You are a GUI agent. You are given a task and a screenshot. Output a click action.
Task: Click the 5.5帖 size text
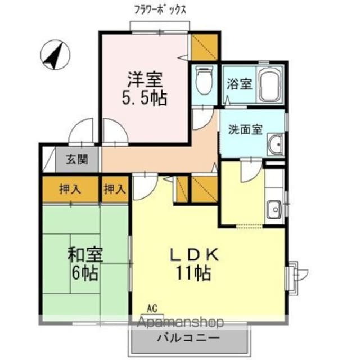(145, 98)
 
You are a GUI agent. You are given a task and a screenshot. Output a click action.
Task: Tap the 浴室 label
(239, 84)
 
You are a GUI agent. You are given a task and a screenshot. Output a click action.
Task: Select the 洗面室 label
(245, 129)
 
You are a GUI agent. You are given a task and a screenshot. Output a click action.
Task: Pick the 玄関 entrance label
(78, 159)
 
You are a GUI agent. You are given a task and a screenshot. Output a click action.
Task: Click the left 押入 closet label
(70, 190)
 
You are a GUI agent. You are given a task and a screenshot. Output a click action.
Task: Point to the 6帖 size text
(85, 274)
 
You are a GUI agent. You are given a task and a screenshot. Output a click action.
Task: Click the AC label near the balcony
(151, 308)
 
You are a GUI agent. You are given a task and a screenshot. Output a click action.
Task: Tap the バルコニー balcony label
(187, 338)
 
